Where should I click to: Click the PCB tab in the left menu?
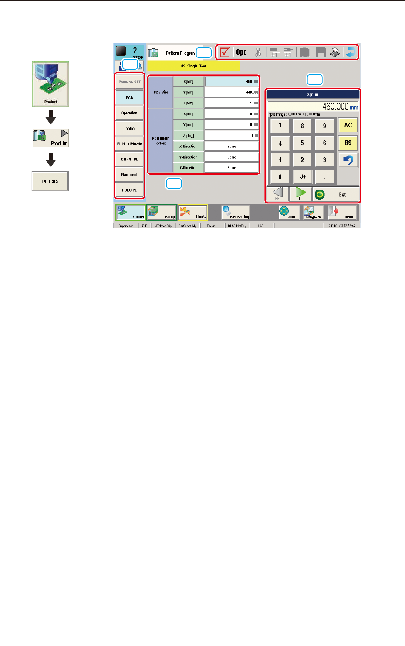(129, 97)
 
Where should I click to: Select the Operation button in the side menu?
(129, 113)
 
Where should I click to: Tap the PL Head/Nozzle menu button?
(129, 144)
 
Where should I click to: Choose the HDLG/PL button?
(129, 190)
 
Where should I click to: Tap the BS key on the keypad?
(348, 143)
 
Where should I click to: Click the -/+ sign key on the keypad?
(302, 177)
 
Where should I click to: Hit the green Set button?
(336, 194)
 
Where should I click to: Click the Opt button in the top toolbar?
(241, 53)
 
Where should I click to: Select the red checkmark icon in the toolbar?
(225, 53)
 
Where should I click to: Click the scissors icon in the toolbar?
(258, 53)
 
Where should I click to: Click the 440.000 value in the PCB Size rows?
(232, 92)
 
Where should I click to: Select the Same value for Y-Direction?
(232, 157)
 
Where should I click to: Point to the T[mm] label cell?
(188, 103)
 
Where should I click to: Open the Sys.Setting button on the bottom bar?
(236, 213)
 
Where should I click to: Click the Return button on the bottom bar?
(342, 213)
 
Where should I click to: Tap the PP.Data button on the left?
(50, 181)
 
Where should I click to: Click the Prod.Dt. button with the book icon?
(51, 137)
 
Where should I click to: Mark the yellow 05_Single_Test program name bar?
(193, 66)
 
